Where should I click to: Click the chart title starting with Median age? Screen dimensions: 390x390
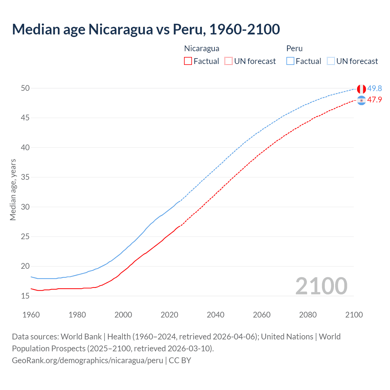pyautogui.click(x=146, y=29)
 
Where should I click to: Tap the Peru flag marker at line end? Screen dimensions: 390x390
pyautogui.click(x=361, y=89)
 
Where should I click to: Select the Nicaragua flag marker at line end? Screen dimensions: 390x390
pyautogui.click(x=361, y=100)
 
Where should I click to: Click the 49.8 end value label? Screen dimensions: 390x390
pyautogui.click(x=374, y=88)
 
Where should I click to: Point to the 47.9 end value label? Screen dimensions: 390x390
pyautogui.click(x=374, y=100)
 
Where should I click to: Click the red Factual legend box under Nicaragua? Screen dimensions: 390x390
pyautogui.click(x=188, y=61)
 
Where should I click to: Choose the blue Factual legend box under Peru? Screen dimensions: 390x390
pyautogui.click(x=290, y=61)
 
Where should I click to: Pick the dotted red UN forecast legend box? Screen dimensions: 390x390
pyautogui.click(x=229, y=61)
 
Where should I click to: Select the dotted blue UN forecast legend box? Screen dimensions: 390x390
pyautogui.click(x=331, y=61)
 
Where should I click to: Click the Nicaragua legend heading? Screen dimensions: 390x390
pyautogui.click(x=201, y=48)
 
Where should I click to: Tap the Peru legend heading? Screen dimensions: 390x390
pyautogui.click(x=294, y=48)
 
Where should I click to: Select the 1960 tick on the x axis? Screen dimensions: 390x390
pyautogui.click(x=31, y=315)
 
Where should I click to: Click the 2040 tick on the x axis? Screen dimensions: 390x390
pyautogui.click(x=215, y=315)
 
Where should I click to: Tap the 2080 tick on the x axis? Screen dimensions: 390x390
pyautogui.click(x=308, y=315)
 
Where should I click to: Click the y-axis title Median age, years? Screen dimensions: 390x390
pyautogui.click(x=13, y=190)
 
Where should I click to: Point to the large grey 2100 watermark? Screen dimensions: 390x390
pyautogui.click(x=321, y=286)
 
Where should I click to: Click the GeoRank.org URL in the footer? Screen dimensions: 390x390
pyautogui.click(x=87, y=360)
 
